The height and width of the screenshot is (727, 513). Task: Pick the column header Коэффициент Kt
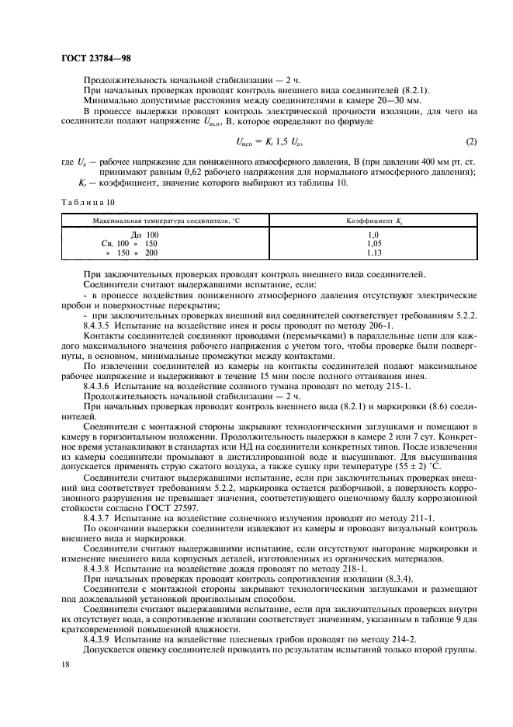[x=373, y=221]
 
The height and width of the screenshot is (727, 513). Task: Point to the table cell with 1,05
[x=373, y=243]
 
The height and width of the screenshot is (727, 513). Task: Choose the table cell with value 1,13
[x=373, y=252]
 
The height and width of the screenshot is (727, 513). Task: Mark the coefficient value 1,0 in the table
[x=373, y=234]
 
